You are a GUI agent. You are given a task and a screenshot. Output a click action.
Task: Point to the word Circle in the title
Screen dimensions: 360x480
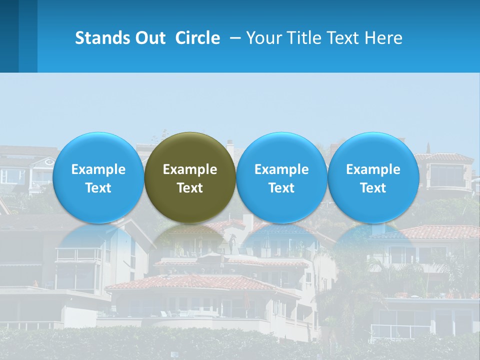(x=197, y=38)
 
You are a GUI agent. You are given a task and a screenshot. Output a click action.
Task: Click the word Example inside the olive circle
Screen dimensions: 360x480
(x=190, y=169)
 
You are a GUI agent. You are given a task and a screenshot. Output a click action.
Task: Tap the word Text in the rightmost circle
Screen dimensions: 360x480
(x=373, y=188)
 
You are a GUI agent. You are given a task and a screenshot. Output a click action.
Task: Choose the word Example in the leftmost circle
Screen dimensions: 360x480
(x=98, y=169)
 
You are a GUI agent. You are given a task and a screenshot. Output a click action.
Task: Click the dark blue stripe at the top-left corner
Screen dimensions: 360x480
(x=9, y=36)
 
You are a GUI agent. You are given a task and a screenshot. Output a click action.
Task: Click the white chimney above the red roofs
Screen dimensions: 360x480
(x=248, y=223)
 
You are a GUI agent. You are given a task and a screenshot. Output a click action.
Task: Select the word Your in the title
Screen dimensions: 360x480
(x=262, y=38)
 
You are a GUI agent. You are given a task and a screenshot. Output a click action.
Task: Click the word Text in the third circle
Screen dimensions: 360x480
(x=281, y=188)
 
